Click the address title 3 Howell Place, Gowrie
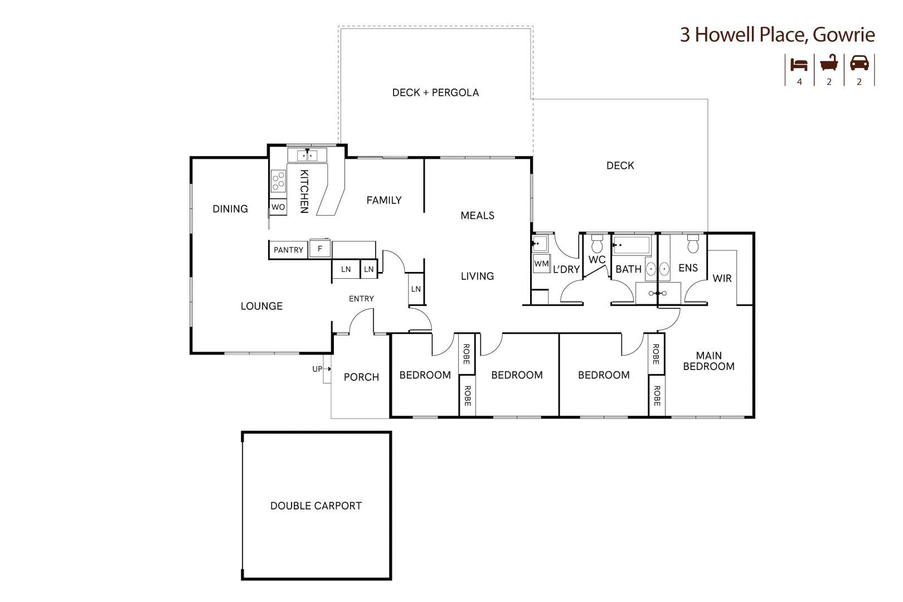click(x=777, y=35)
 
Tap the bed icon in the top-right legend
click(x=799, y=64)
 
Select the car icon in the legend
click(x=859, y=63)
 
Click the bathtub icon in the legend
click(x=829, y=63)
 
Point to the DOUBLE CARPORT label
click(x=316, y=506)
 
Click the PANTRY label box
click(x=288, y=250)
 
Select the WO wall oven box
click(x=278, y=207)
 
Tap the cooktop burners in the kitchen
click(x=278, y=181)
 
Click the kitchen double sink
click(x=307, y=156)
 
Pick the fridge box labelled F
click(x=320, y=249)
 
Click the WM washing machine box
click(x=541, y=264)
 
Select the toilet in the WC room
click(x=597, y=244)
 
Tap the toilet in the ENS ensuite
click(x=693, y=244)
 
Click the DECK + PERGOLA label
click(x=435, y=93)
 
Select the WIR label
click(x=722, y=278)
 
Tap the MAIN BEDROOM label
click(x=708, y=361)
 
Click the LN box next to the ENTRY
click(x=416, y=289)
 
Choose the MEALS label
click(x=477, y=215)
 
